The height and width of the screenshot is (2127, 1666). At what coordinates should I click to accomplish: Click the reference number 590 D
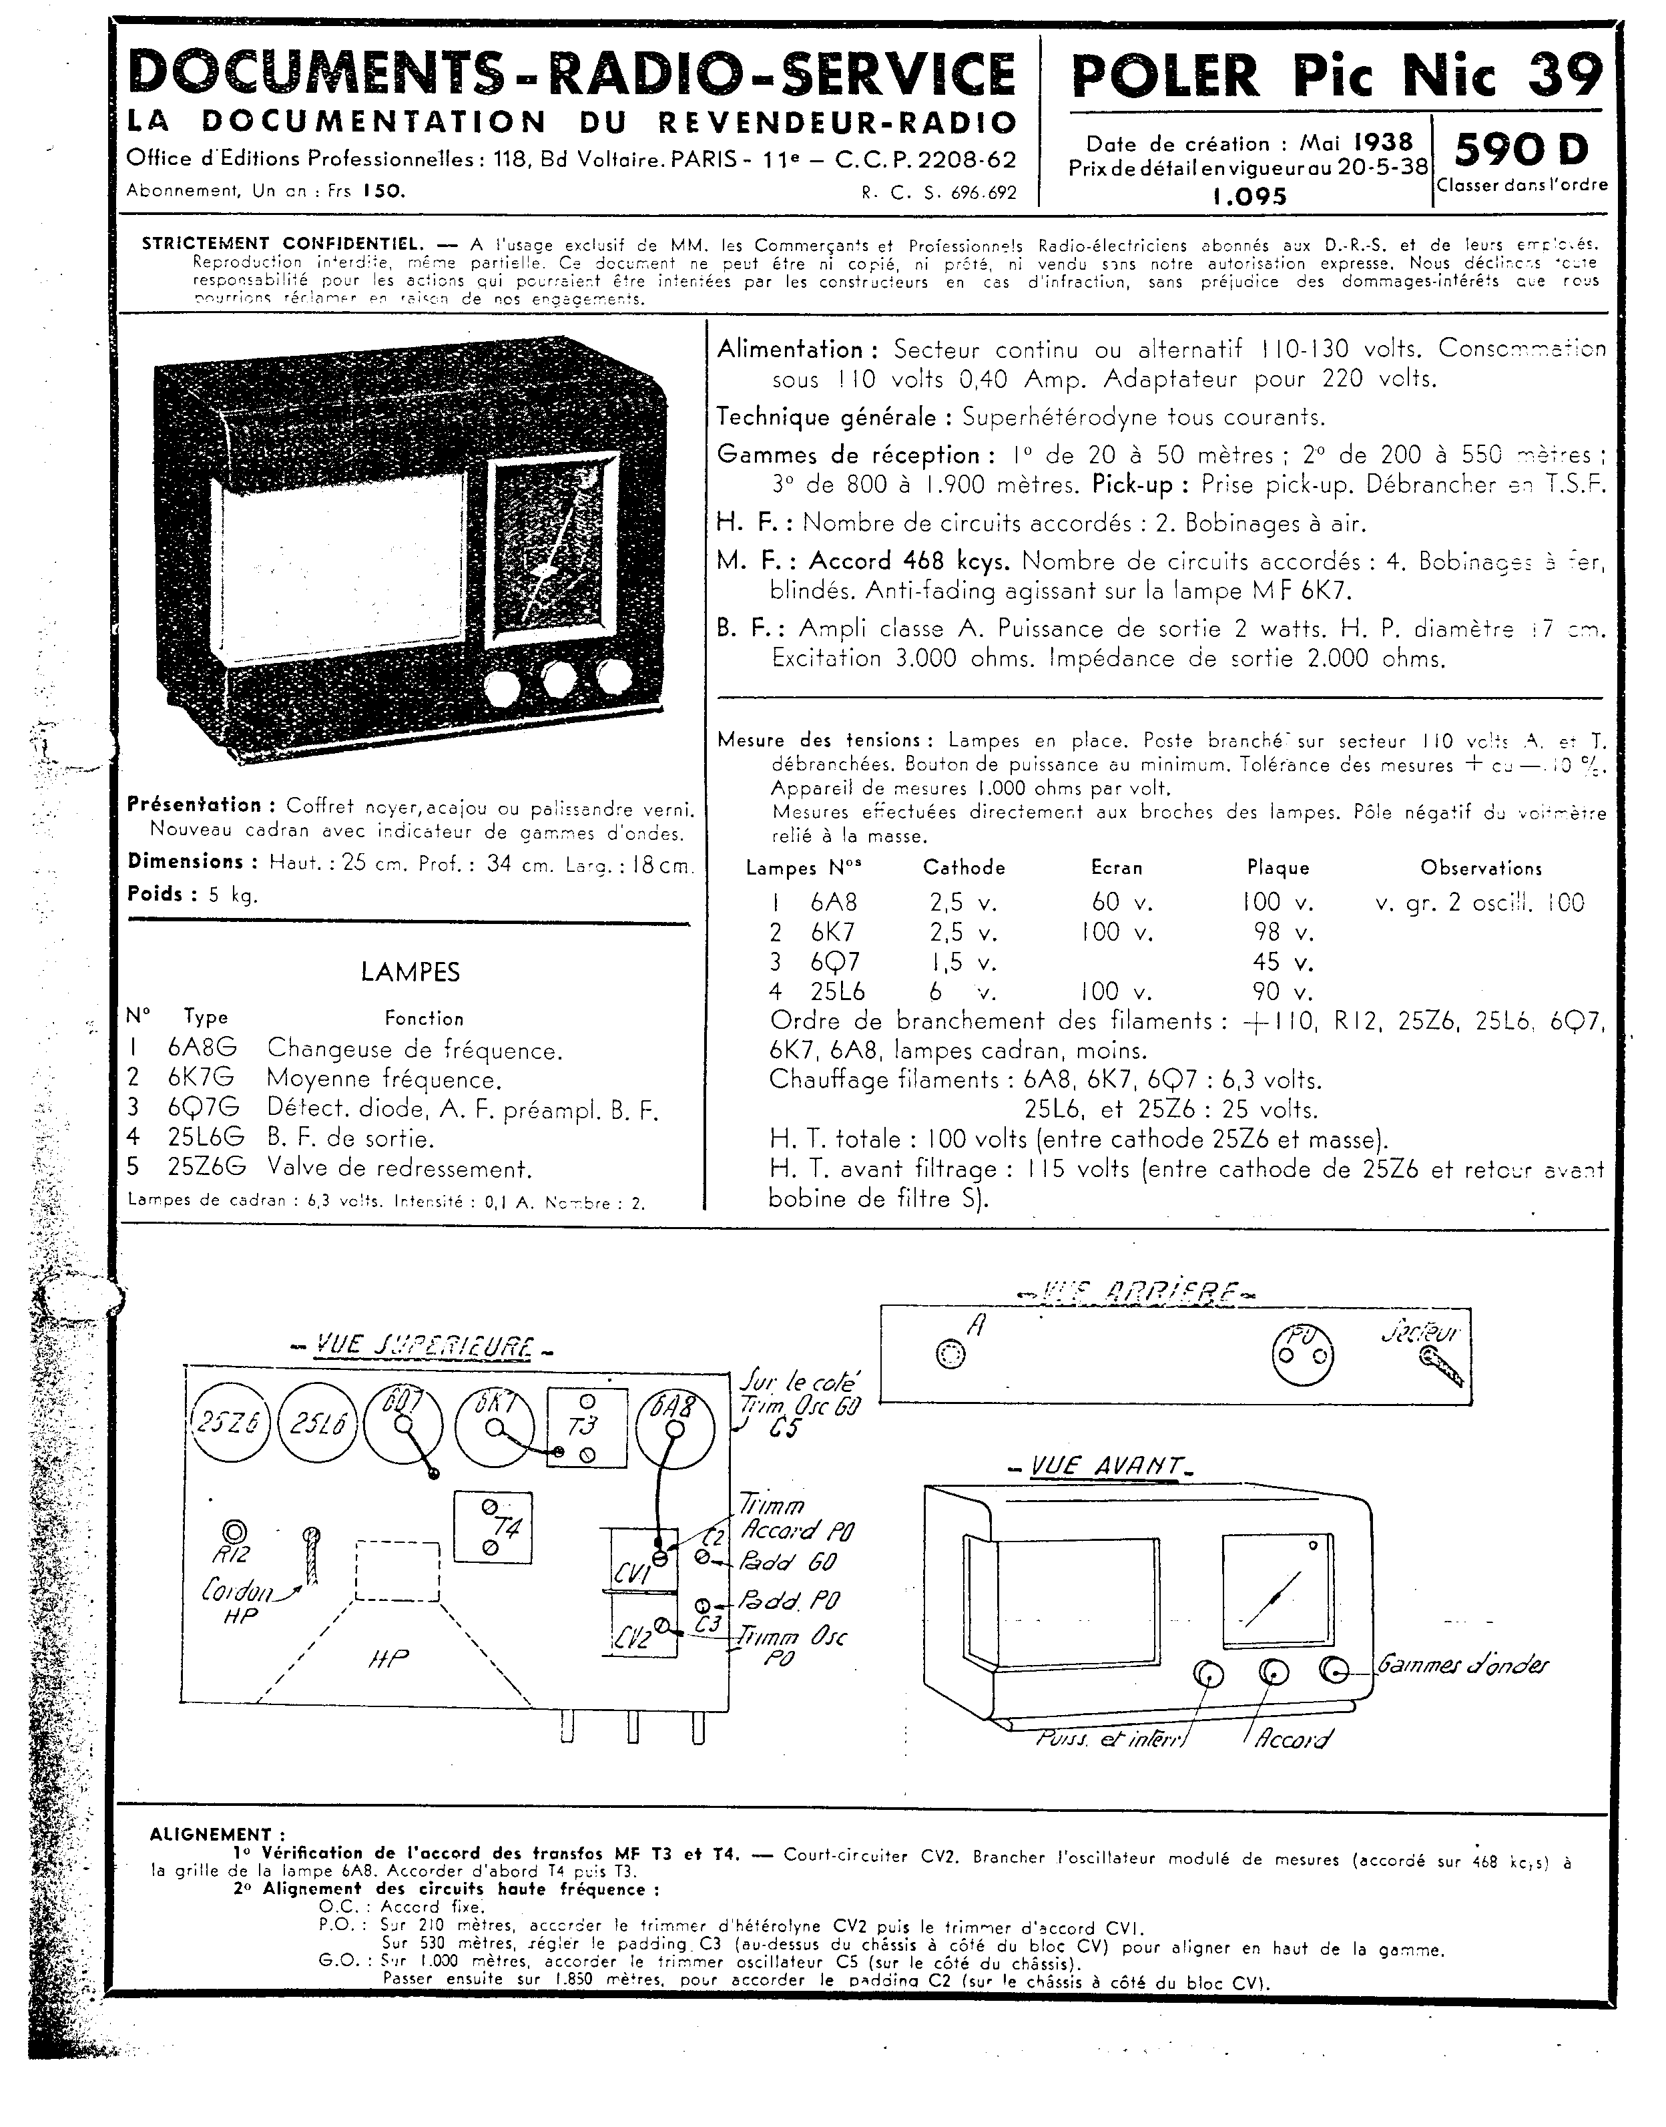point(1522,150)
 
